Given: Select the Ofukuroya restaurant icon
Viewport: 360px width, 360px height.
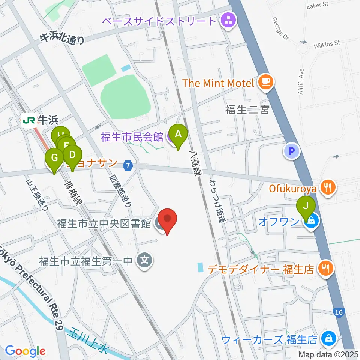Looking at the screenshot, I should (328, 186).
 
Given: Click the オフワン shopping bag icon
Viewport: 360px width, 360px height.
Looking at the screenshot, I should (312, 222).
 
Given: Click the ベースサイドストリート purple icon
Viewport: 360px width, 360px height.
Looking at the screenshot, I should (228, 21).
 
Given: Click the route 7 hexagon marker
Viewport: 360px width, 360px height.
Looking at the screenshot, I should (129, 165).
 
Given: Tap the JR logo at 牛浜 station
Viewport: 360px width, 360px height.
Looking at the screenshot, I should (29, 120).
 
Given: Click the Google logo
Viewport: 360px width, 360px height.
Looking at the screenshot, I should (25, 351).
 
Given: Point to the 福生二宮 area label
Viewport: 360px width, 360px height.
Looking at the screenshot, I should (247, 110).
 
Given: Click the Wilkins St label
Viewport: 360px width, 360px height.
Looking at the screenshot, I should (325, 44).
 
